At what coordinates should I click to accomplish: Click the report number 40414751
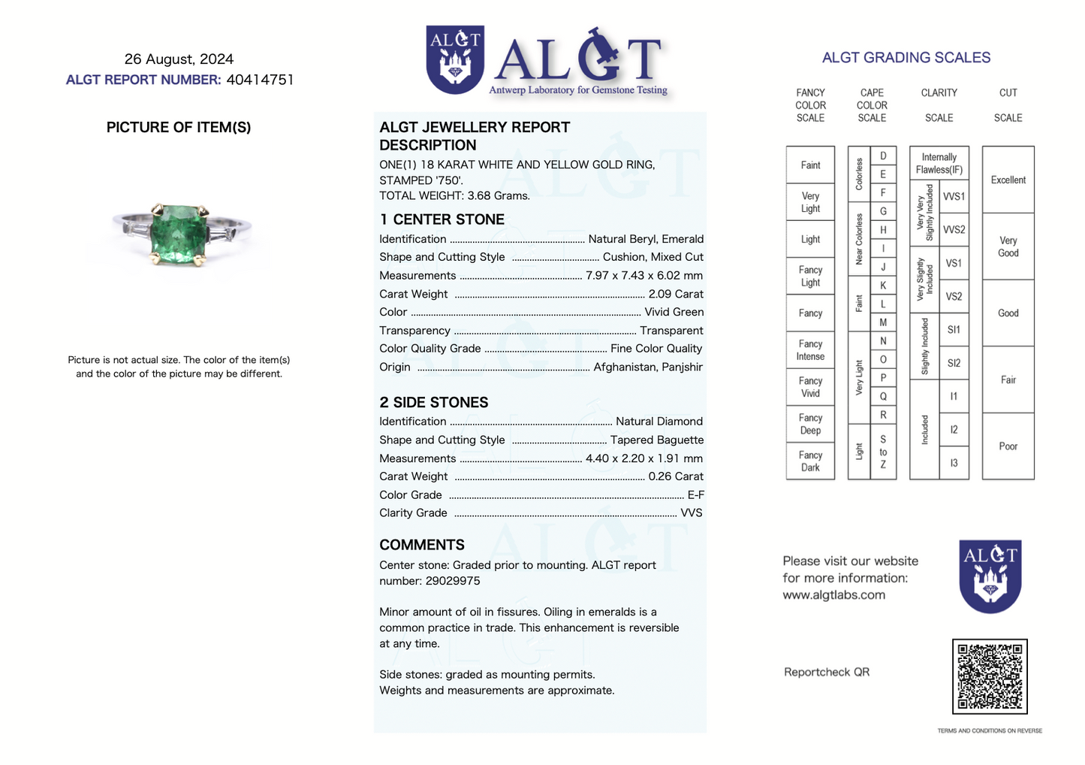coord(260,80)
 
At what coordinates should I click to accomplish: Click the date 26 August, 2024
coord(179,59)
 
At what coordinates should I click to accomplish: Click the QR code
coord(990,676)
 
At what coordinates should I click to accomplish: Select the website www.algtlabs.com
coord(833,595)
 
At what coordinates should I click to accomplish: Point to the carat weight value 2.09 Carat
coord(676,294)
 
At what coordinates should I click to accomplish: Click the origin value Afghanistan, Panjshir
coord(648,367)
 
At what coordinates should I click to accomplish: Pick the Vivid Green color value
coord(674,312)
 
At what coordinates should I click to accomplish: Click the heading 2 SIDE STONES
coord(433,403)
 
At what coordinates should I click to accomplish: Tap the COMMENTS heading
coord(421,545)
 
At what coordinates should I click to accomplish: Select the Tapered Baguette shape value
coord(656,440)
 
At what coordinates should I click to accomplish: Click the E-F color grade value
coord(695,494)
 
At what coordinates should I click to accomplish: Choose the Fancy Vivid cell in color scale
coord(810,387)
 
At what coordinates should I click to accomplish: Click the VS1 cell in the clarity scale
coord(954,263)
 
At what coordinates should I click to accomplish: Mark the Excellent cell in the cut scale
coord(1008,180)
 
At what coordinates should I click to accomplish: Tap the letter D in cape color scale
coord(883,156)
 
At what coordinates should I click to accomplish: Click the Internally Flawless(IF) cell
coord(939,163)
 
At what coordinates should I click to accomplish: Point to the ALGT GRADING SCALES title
coord(906,58)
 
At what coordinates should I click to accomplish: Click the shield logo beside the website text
coord(990,576)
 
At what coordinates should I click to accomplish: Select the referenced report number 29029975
coord(452,581)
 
